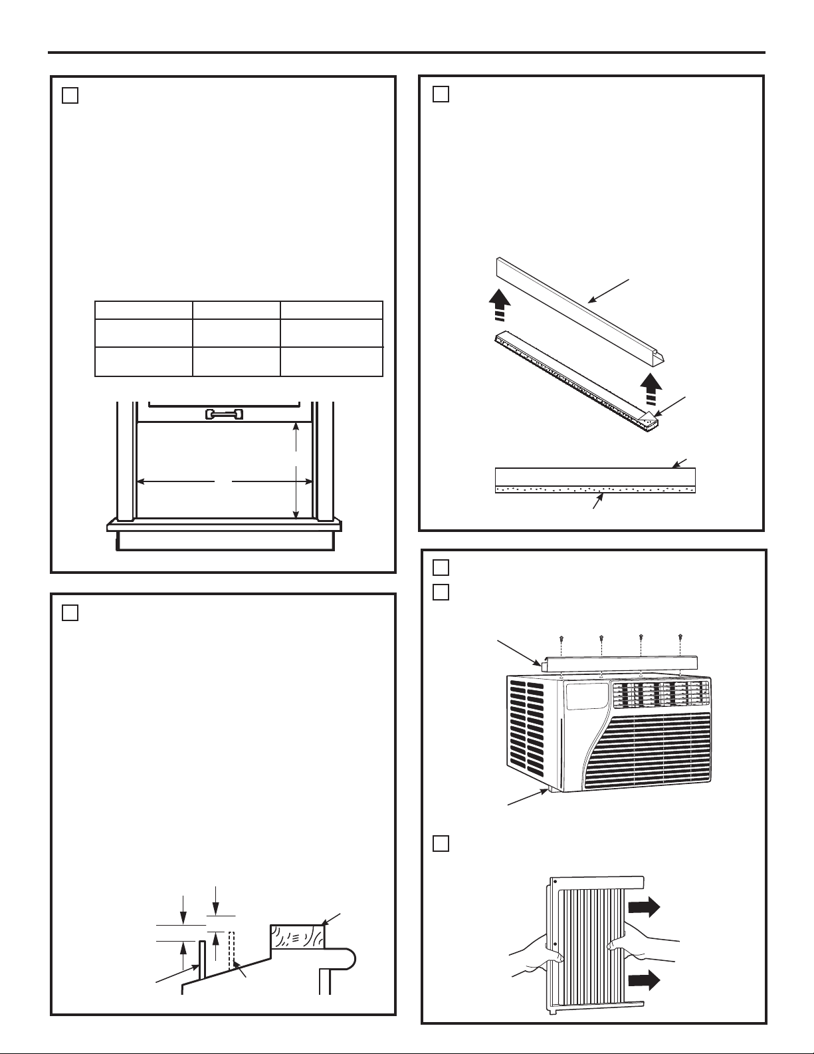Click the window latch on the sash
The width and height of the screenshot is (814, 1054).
pos(225,414)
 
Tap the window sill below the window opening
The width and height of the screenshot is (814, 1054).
pos(224,526)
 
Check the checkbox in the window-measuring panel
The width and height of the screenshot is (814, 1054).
pos(70,95)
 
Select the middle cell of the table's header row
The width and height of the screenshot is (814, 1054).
pos(236,310)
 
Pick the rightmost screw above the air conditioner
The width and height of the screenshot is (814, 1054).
pos(680,638)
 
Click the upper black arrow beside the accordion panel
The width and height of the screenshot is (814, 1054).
pos(645,906)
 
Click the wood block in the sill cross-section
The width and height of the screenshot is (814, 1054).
pos(297,936)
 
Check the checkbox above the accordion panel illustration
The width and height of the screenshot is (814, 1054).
pos(440,843)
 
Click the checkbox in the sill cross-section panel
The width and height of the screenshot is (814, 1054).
pos(70,612)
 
